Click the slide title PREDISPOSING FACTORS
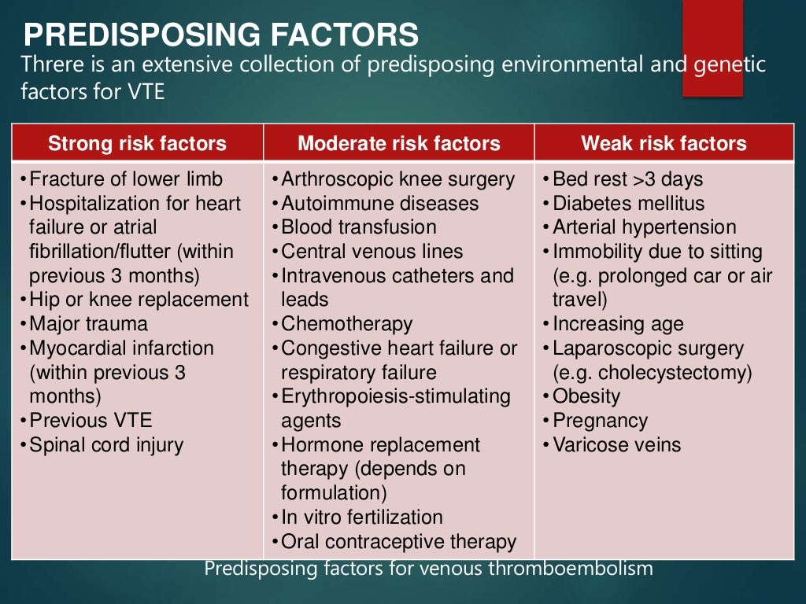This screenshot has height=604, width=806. point(220,35)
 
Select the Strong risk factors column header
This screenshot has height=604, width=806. point(137,144)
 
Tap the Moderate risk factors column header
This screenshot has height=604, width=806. point(398,144)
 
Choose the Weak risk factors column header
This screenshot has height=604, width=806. point(664,144)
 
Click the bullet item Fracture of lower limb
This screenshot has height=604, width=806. point(126,179)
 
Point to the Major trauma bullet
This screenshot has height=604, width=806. point(88,324)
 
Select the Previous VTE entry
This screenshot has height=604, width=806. point(91,421)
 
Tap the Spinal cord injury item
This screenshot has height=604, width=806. point(106,445)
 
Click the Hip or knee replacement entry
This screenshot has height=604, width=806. point(139,300)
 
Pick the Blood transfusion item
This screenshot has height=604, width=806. point(358,227)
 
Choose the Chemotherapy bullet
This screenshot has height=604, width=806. point(346,324)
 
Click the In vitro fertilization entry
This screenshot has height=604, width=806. point(362,517)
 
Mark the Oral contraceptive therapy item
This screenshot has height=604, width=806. point(398,542)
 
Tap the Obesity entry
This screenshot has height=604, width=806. point(586,396)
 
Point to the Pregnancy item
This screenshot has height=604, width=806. point(600,421)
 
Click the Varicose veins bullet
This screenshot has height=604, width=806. point(616,445)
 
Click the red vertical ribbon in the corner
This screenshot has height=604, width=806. point(712,47)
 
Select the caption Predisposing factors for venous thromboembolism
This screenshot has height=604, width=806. point(428,569)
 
